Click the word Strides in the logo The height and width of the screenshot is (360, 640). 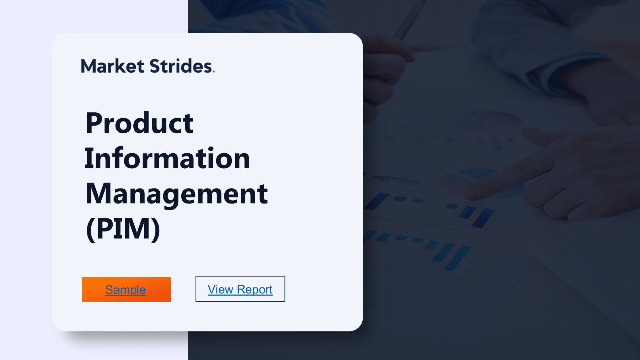[181, 66]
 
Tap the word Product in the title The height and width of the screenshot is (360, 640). [139, 123]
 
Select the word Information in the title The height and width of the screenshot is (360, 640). [167, 158]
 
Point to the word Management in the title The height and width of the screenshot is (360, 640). [176, 194]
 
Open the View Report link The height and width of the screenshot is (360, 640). [240, 289]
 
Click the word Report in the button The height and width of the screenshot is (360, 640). [256, 290]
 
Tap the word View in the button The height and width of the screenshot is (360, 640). [220, 289]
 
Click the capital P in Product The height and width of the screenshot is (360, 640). [93, 123]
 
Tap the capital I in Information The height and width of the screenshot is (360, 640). [89, 158]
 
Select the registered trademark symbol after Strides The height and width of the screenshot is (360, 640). [213, 72]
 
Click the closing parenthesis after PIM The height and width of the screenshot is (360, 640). [156, 229]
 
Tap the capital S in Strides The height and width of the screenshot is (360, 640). [155, 66]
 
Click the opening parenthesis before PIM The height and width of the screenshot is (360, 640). [90, 229]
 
